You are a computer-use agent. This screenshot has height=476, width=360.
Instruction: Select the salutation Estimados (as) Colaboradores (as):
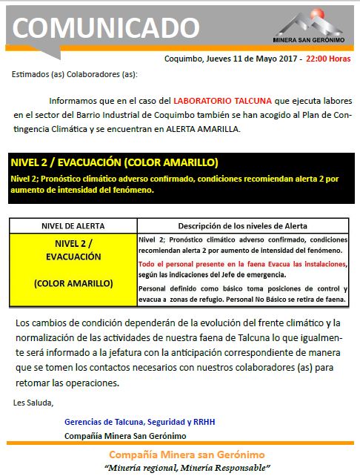point(75,75)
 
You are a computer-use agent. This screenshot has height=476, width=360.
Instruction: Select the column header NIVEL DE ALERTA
point(71,225)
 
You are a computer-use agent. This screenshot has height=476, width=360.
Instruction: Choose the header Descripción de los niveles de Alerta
point(243,225)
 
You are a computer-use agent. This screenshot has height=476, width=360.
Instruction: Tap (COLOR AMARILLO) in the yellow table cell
point(73,283)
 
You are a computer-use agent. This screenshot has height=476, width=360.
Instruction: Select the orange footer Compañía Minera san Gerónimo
point(186,454)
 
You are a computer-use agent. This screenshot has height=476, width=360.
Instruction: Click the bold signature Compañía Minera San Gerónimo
point(126,435)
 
